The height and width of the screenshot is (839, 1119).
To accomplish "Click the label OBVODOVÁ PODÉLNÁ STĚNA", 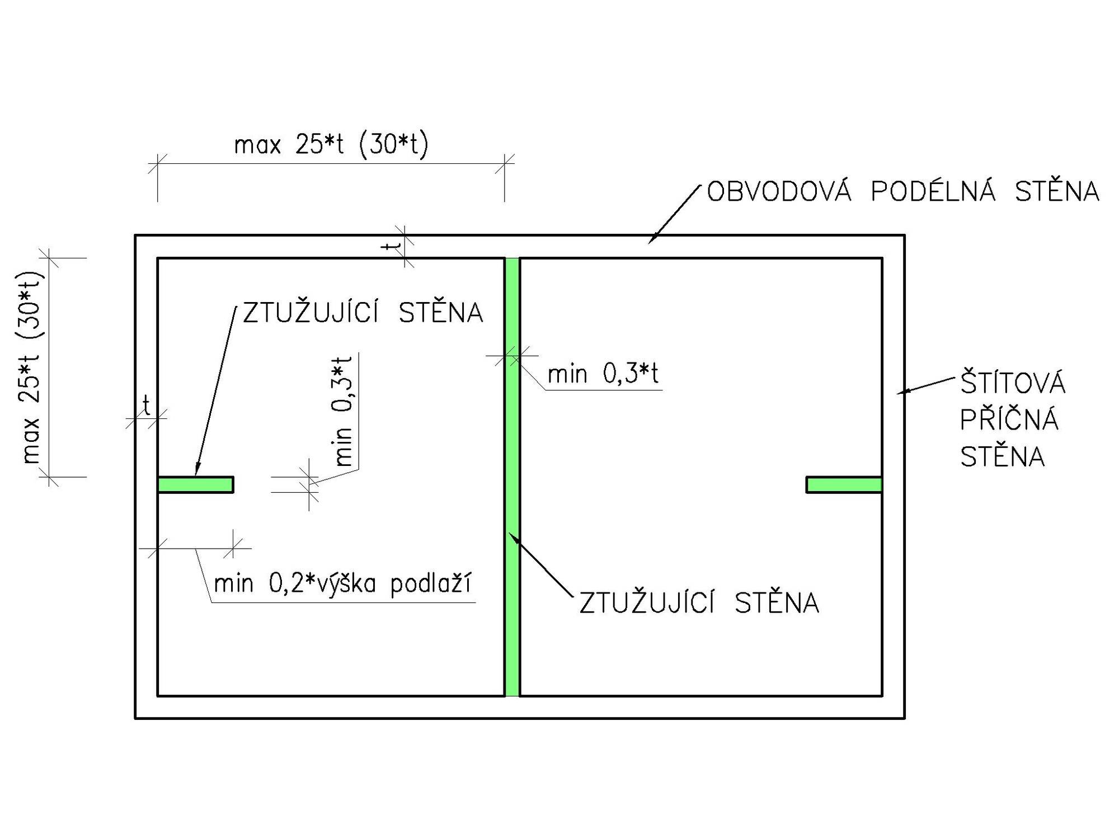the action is [x=903, y=191].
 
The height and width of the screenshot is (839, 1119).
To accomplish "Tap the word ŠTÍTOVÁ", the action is [x=1013, y=383].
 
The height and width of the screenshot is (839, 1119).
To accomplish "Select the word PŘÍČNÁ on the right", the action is [x=1009, y=419].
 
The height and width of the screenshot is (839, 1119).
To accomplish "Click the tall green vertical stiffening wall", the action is [x=512, y=477].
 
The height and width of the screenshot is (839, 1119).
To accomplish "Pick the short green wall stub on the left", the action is [x=195, y=484].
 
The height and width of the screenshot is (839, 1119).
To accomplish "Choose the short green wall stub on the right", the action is [x=844, y=484].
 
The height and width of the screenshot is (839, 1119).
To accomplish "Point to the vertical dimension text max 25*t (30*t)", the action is [x=31, y=367].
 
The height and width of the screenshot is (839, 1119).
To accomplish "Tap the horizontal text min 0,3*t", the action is [x=603, y=373].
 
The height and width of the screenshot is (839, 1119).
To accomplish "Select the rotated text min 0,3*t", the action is [x=342, y=411].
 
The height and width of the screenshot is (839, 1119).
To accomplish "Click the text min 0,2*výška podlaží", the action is [x=343, y=583].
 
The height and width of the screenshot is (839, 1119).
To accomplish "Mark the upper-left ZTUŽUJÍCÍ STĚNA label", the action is [x=363, y=312].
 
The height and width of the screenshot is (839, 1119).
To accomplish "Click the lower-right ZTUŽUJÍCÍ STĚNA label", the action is [x=699, y=603].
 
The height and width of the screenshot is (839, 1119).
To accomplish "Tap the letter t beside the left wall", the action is [x=146, y=406].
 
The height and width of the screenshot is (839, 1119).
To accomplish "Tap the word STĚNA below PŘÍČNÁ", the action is [x=1002, y=456].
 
